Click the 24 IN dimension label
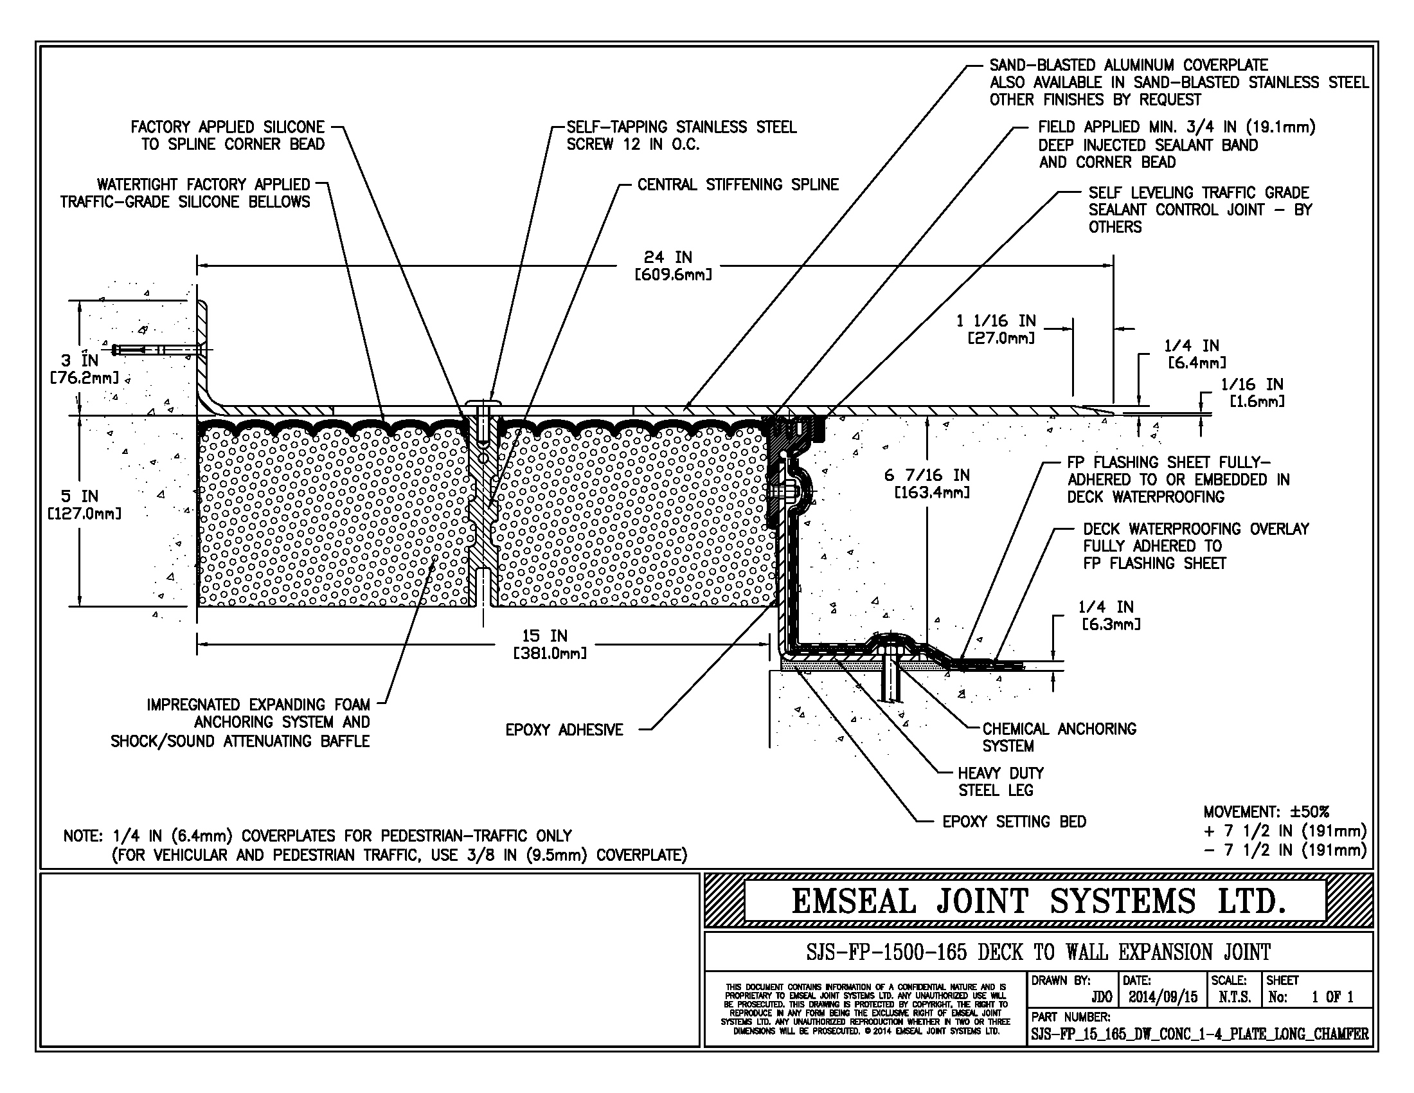673,266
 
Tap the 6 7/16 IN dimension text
927,483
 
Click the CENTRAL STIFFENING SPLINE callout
737,185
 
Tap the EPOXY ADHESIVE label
564,730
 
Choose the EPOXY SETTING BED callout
1014,822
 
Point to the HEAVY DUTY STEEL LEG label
1000,782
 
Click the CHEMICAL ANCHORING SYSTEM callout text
1059,737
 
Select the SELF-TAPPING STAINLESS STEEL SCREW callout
681,135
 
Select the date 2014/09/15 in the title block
1163,998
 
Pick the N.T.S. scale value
1235,998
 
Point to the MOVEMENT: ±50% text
1266,812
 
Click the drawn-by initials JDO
1101,998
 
